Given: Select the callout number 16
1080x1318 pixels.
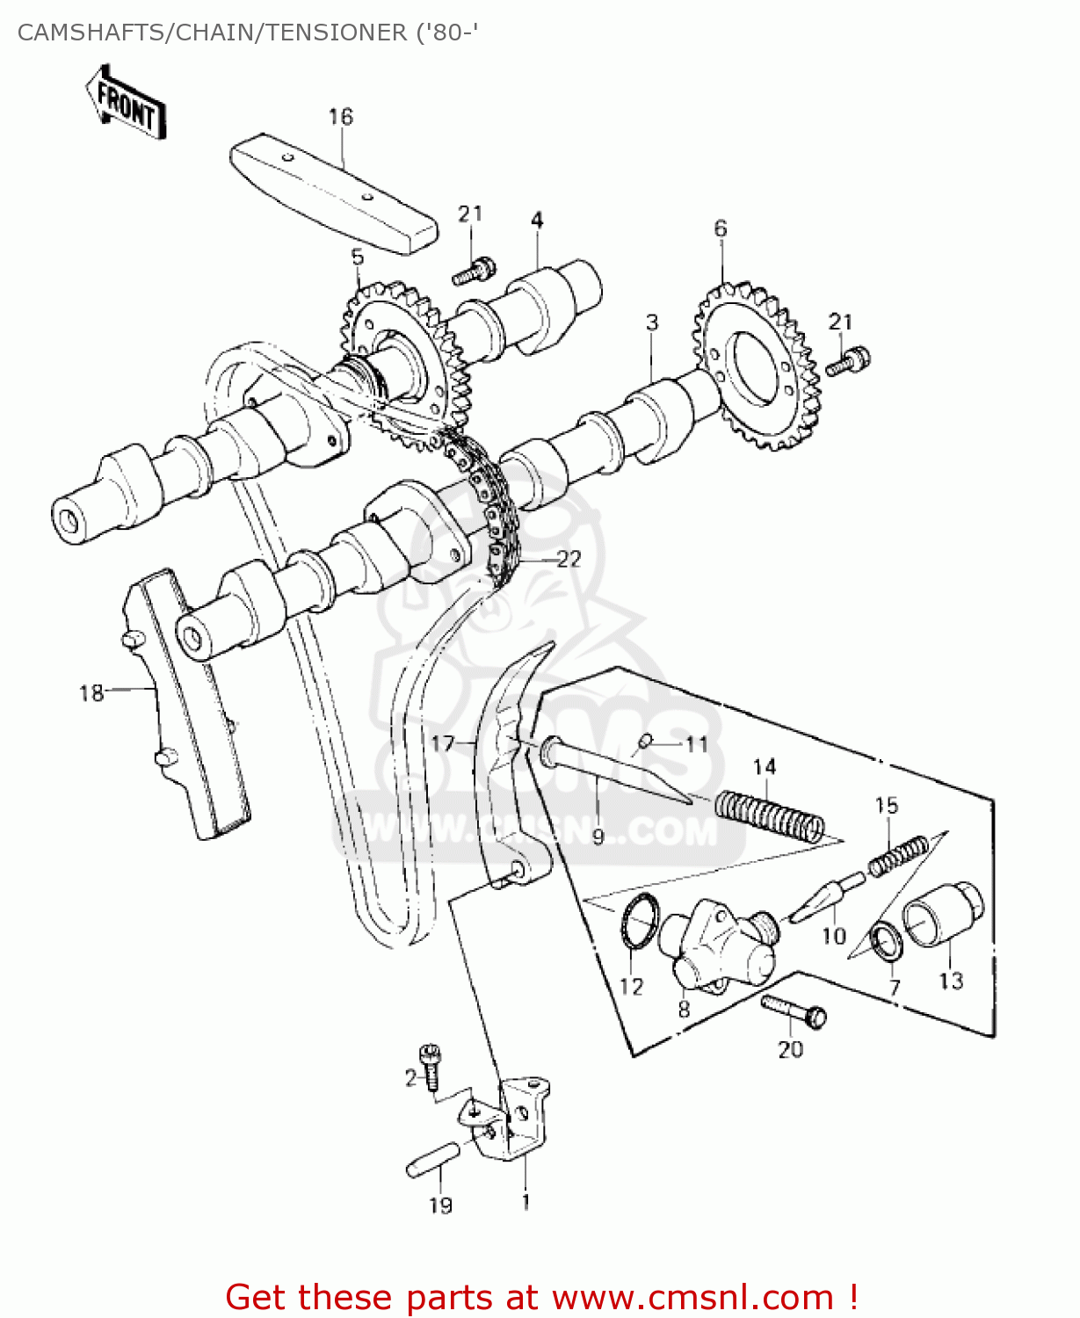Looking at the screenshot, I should tap(340, 117).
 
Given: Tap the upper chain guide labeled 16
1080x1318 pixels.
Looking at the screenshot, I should tap(334, 193).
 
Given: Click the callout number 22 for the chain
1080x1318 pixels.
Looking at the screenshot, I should tap(569, 559).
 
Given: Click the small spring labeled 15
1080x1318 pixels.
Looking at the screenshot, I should tap(898, 856).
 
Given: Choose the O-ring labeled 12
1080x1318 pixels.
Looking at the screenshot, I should tap(640, 921).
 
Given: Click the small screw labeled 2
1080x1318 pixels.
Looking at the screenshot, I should tap(431, 1065).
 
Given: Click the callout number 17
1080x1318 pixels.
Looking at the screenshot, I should tap(442, 744).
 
